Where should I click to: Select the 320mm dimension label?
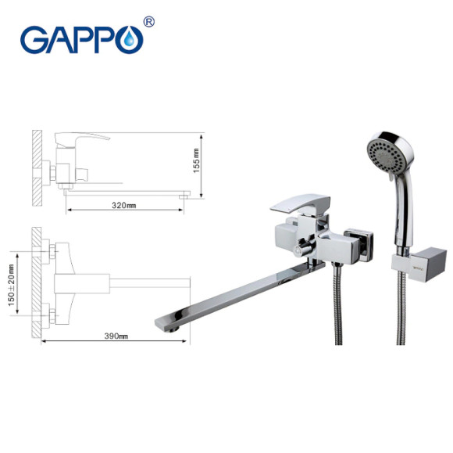pos(124,205)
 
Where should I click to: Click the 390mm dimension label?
pos(115,336)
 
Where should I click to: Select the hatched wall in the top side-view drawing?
pos(36,167)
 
